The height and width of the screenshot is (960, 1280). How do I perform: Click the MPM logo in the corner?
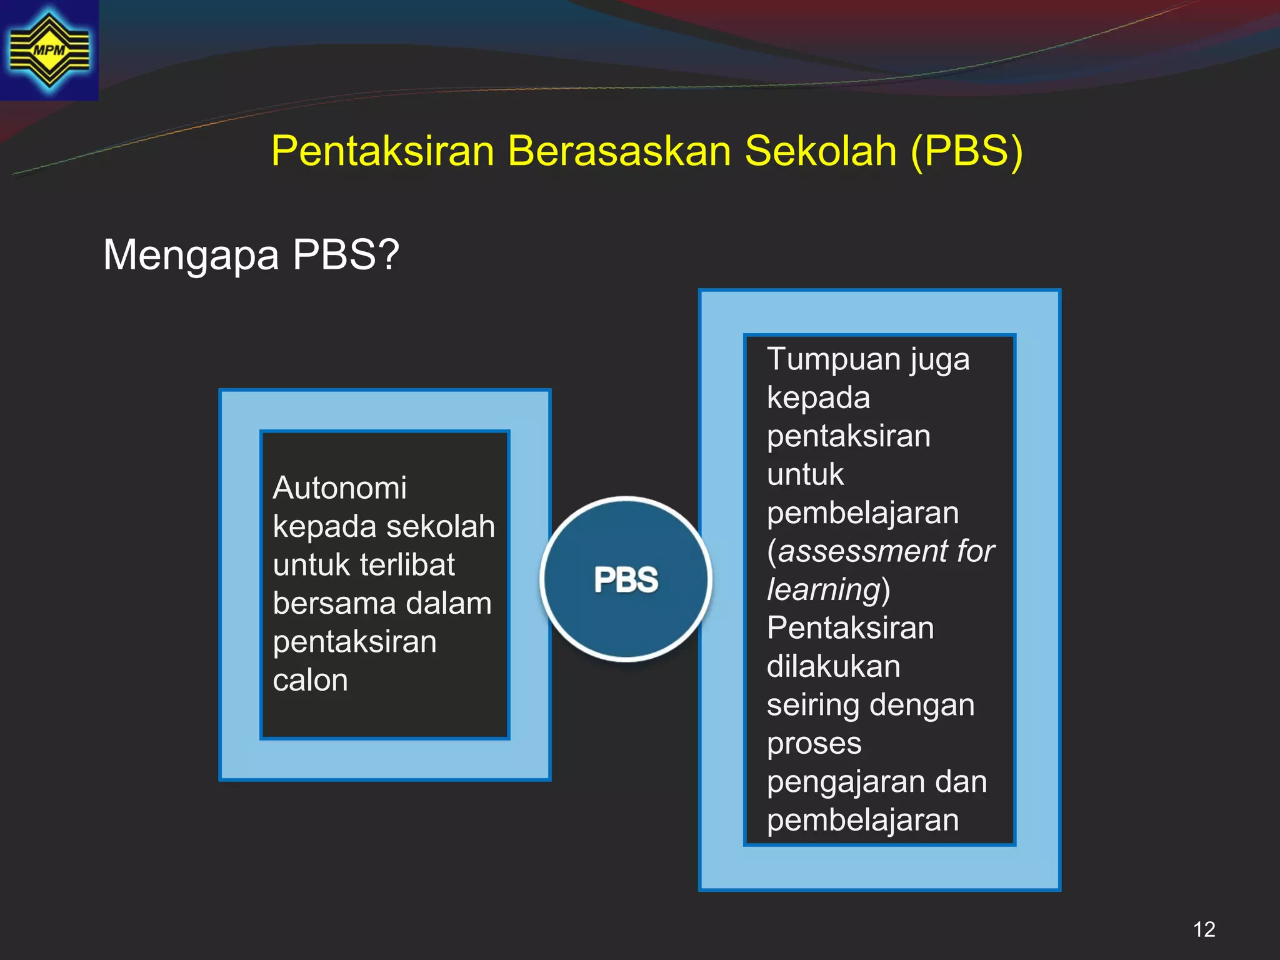[49, 50]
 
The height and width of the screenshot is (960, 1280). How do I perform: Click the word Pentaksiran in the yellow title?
[382, 151]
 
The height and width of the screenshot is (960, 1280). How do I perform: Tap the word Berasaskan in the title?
[619, 151]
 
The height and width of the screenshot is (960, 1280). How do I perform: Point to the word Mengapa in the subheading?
[191, 255]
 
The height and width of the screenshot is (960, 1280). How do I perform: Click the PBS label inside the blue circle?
[626, 579]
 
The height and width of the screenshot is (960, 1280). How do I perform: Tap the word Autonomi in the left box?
[339, 487]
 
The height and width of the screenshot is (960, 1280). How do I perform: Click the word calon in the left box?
[310, 680]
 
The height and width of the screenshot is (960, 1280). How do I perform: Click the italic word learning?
[823, 589]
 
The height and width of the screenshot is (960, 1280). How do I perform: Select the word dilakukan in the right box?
[833, 666]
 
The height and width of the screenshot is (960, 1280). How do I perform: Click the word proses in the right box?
[814, 744]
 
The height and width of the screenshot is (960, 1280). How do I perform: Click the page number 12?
[1204, 929]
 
